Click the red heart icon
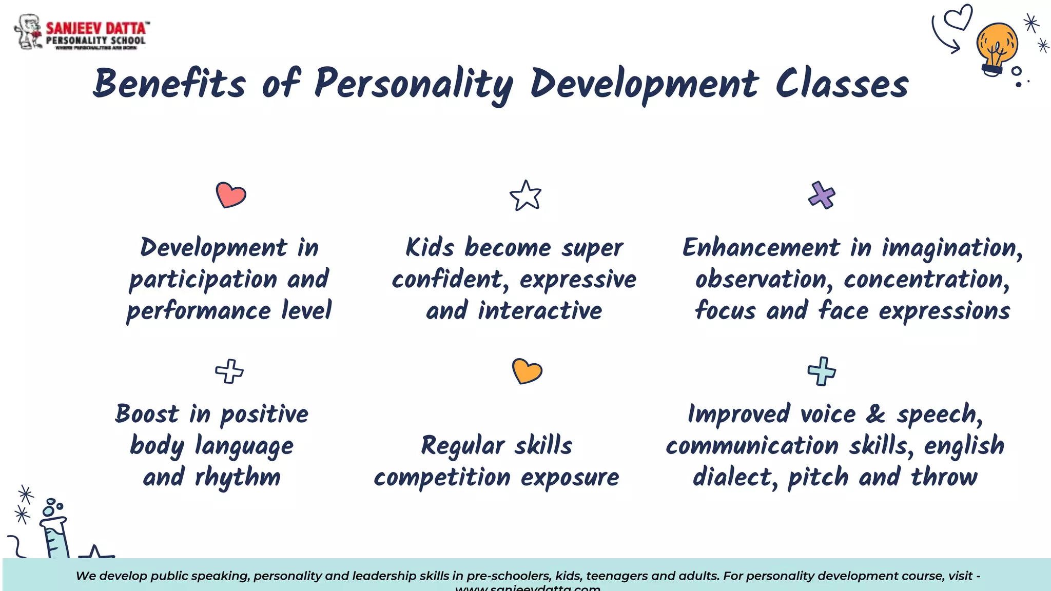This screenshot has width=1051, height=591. (x=231, y=195)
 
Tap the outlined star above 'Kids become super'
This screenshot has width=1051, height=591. (x=525, y=195)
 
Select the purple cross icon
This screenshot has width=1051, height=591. (x=822, y=195)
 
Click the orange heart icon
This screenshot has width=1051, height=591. (x=527, y=371)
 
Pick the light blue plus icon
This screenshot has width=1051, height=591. (x=822, y=371)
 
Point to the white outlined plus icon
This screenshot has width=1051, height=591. (x=229, y=371)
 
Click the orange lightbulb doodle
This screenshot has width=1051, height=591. (x=996, y=48)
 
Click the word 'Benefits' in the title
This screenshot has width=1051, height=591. (x=169, y=84)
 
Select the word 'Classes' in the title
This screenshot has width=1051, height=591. (x=842, y=84)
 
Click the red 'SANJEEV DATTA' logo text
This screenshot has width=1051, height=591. (x=96, y=28)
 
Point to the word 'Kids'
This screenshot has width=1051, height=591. (x=430, y=248)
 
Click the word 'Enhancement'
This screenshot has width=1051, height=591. (x=761, y=248)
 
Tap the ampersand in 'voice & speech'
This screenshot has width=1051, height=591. (x=875, y=414)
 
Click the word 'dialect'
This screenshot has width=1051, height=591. (x=732, y=477)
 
